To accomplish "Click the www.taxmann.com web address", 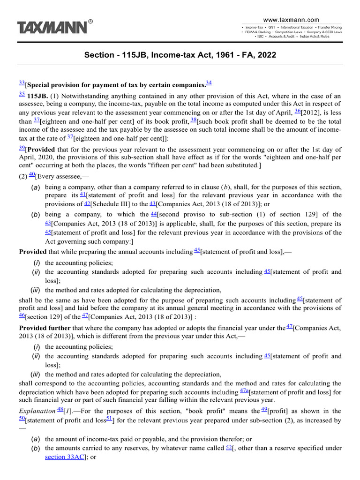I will (x=291, y=20).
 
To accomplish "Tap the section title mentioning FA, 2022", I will (x=180, y=55).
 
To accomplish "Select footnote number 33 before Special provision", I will (x=22, y=82).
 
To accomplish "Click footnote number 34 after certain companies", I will (x=209, y=83).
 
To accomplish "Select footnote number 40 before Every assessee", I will (x=32, y=174).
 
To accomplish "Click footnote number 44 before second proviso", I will (x=153, y=213).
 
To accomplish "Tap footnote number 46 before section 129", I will (x=22, y=316).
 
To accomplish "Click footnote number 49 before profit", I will (x=264, y=410).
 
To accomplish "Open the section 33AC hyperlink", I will (x=64, y=457).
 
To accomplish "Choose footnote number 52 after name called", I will (x=229, y=447).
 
